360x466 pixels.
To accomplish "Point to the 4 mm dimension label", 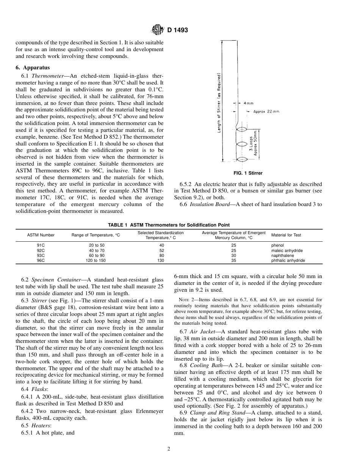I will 249,103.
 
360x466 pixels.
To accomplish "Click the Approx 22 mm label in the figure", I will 266,111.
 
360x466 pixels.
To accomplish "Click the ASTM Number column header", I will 41,235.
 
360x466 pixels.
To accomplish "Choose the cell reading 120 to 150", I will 97,261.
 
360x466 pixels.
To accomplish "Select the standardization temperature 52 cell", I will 162,250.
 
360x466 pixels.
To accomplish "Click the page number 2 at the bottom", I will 169,449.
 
